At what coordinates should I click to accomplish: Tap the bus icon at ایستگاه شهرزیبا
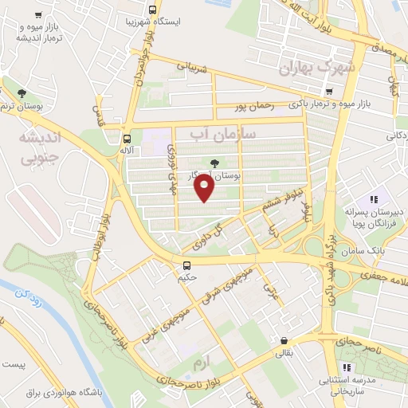151,10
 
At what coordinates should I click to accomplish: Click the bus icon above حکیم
186,265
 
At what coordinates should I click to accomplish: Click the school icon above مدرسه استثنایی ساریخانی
347,367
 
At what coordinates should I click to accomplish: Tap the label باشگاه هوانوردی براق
57,394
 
